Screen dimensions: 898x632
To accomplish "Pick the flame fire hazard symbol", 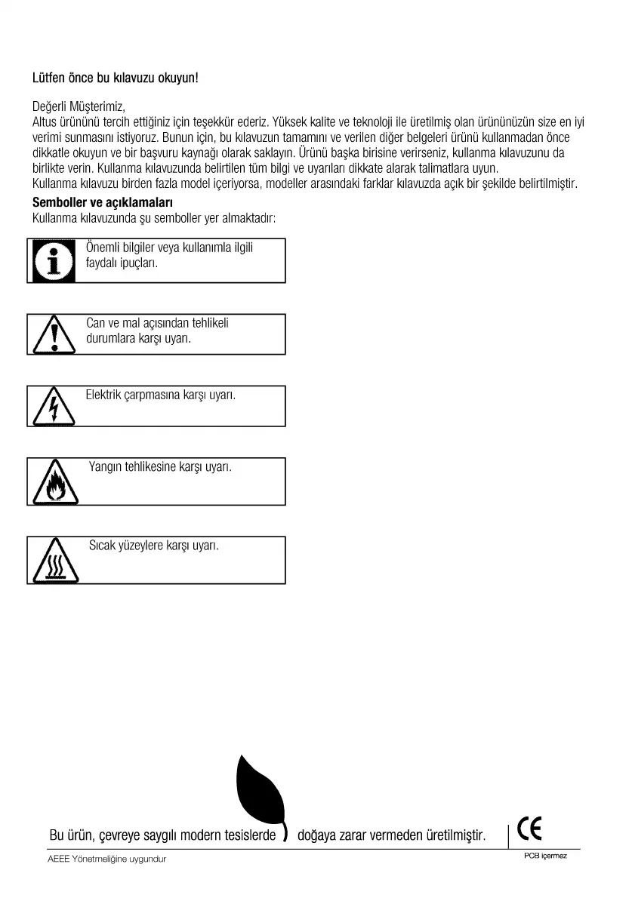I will tap(54, 484).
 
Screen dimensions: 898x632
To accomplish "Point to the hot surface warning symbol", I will tap(54, 562).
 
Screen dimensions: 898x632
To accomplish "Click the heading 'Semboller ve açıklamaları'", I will tap(103, 202).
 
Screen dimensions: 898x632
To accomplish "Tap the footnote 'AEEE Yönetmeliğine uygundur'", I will tap(106, 860).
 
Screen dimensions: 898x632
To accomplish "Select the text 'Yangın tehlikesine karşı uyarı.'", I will tap(160, 467).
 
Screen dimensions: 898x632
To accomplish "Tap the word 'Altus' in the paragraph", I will tap(45, 121).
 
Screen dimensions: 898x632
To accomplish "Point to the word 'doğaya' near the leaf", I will tap(319, 836).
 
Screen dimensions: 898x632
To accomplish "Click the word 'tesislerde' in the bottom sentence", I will tap(249, 836).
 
